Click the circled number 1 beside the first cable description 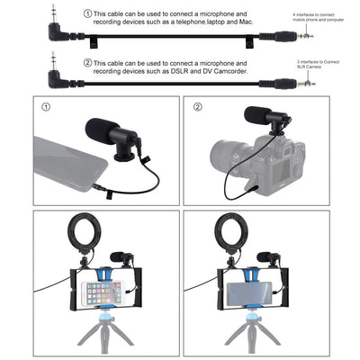pos(86,15)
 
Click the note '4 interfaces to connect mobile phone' pos(319,19)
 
